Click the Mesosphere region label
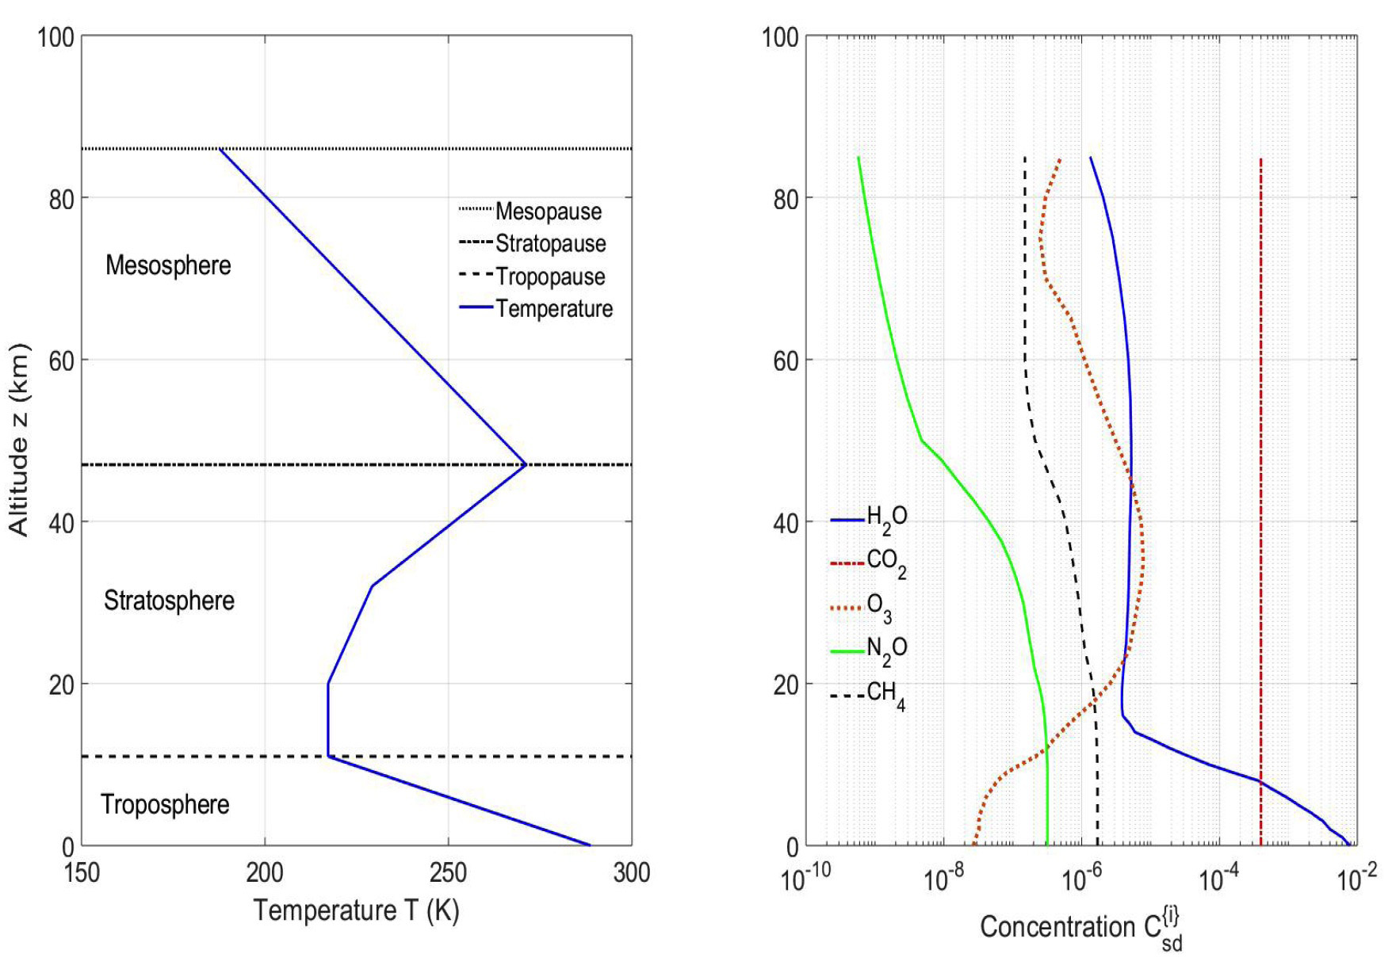coord(168,265)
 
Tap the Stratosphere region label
coord(169,601)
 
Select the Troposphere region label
coord(165,804)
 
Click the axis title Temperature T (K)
coord(356,910)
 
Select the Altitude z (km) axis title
coord(19,440)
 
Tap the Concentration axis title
coord(1080,929)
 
